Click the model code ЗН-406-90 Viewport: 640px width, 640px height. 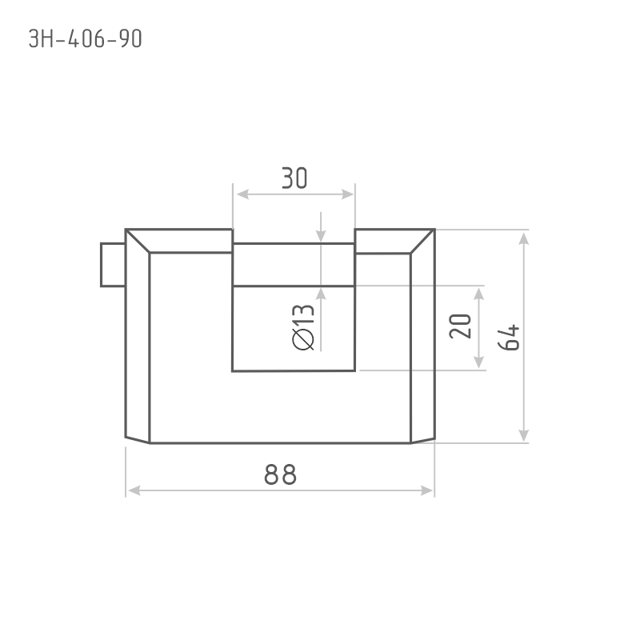(86, 38)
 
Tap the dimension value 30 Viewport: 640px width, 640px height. (294, 178)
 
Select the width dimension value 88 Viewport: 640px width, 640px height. (281, 474)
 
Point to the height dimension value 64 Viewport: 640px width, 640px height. (509, 338)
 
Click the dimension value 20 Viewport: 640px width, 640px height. (460, 326)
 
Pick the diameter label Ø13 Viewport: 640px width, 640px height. (303, 327)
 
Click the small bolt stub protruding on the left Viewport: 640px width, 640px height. (113, 265)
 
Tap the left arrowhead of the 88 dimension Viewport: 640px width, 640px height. (134, 490)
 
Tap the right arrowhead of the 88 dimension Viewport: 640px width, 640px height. (426, 490)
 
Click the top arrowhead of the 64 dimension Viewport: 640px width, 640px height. (524, 238)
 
